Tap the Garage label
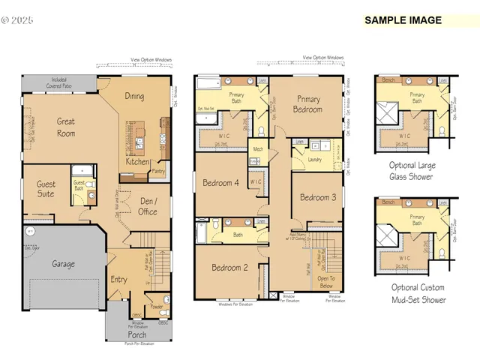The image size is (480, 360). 62,264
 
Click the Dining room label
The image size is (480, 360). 134,96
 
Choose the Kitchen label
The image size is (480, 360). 136,161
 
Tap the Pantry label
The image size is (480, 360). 158,171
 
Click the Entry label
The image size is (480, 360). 118,280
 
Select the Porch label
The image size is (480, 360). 136,334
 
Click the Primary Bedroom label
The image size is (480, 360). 308,104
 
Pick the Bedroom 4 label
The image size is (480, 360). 220,182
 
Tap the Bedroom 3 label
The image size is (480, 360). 318,197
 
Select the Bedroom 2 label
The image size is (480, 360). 229,268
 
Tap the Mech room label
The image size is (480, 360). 258,149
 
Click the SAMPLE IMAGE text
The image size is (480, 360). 403,20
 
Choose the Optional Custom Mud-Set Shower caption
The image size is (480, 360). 418,293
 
